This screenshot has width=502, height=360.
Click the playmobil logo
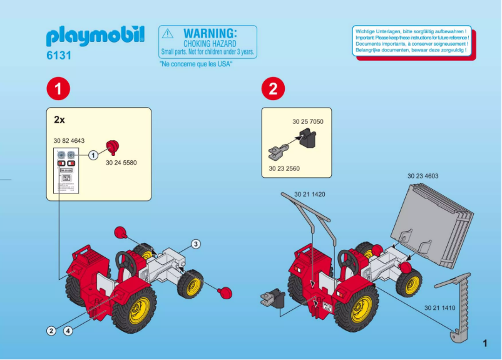pyautogui.click(x=95, y=37)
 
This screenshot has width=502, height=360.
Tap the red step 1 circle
pyautogui.click(x=58, y=88)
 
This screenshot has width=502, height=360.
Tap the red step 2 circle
pyautogui.click(x=272, y=88)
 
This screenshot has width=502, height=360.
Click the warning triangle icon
pyautogui.click(x=167, y=34)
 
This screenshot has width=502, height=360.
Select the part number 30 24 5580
pyautogui.click(x=121, y=163)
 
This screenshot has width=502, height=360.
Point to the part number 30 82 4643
pyautogui.click(x=69, y=141)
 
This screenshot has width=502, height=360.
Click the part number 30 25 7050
pyautogui.click(x=308, y=121)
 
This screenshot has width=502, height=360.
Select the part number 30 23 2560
pyautogui.click(x=284, y=168)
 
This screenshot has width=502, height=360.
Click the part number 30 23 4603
pyautogui.click(x=423, y=176)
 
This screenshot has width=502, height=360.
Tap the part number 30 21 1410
pyautogui.click(x=439, y=307)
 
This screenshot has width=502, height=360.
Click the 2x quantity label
pyautogui.click(x=60, y=119)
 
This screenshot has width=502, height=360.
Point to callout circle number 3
pyautogui.click(x=196, y=244)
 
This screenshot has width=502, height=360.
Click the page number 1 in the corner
pyautogui.click(x=485, y=342)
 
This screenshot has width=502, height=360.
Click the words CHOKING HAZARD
pyautogui.click(x=210, y=44)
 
